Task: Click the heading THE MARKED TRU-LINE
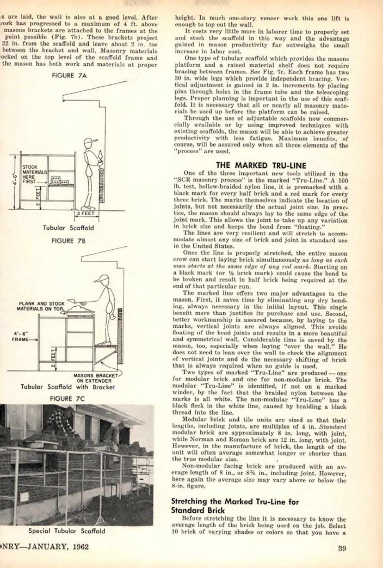(261, 166)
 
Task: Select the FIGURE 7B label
(69, 241)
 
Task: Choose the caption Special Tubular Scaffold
(67, 531)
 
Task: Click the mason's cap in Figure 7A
(91, 142)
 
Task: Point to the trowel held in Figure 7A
(100, 154)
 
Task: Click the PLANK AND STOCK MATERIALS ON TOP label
(41, 306)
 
